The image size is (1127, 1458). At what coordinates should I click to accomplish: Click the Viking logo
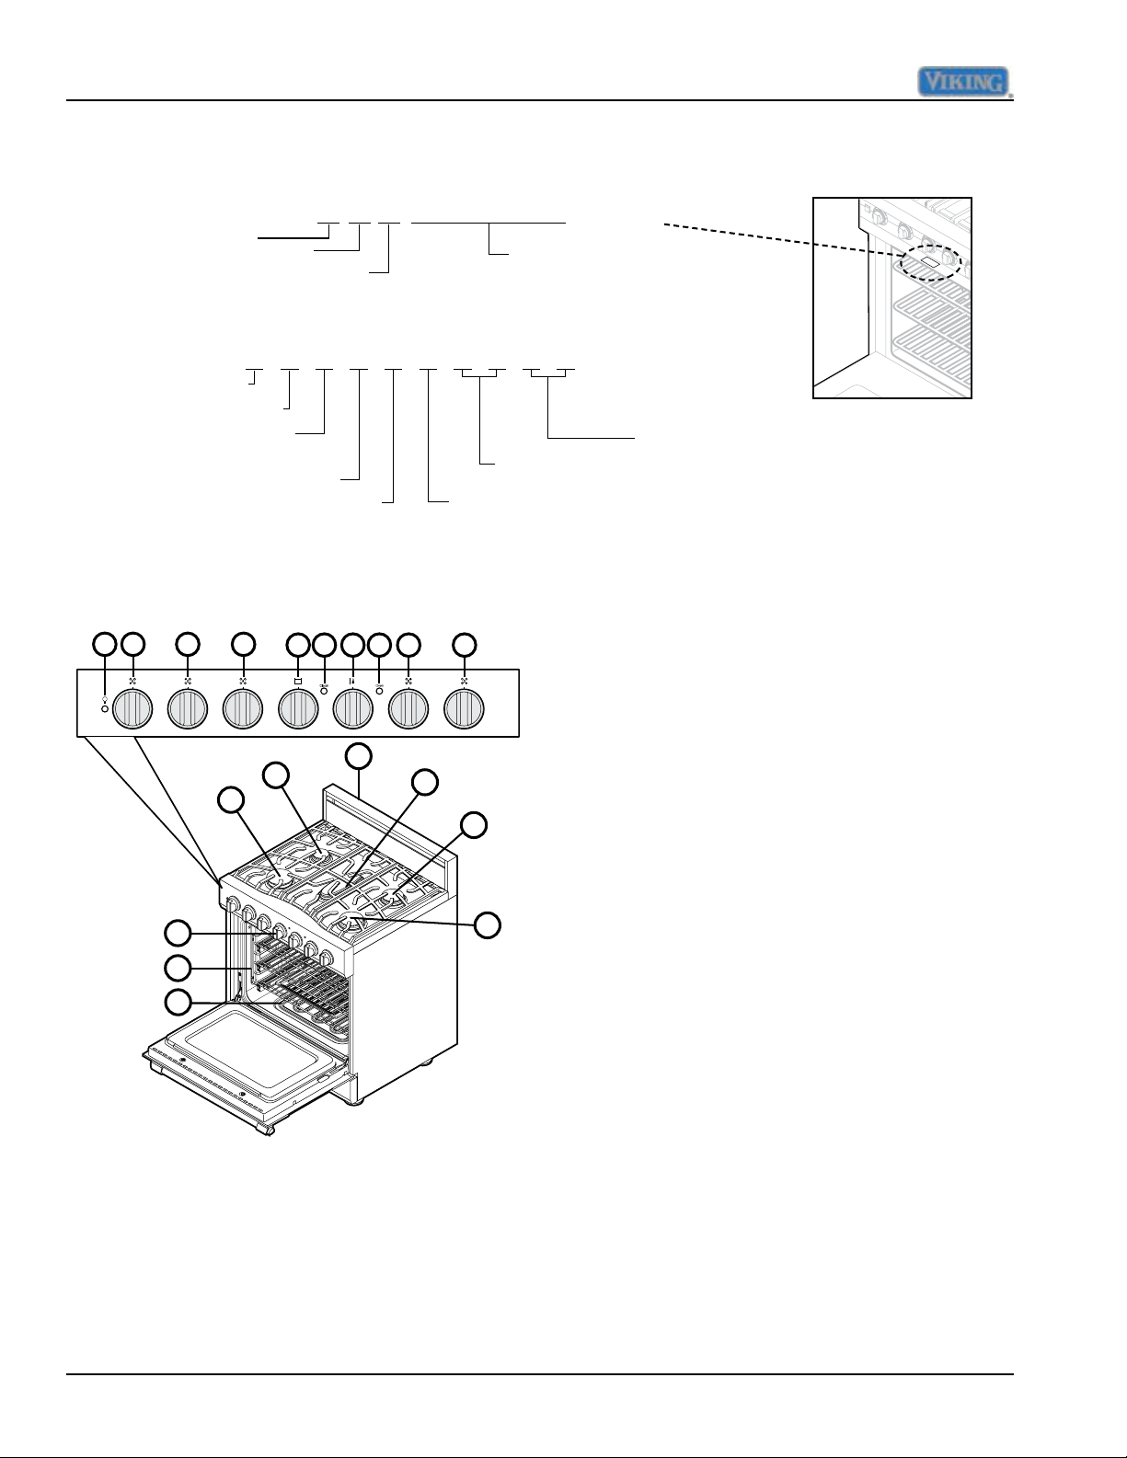[965, 83]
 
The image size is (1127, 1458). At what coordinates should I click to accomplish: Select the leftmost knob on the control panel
[132, 709]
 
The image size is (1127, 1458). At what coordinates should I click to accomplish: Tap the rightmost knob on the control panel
[465, 709]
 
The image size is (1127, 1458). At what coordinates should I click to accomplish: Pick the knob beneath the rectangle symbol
[298, 709]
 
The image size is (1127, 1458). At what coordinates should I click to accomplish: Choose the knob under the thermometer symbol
[353, 709]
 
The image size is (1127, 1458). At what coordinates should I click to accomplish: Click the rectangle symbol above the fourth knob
[298, 681]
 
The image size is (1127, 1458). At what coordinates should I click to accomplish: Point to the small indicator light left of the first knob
[105, 709]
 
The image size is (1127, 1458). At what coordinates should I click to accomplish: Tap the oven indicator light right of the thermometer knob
[379, 691]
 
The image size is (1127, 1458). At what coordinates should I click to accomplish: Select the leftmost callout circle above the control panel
[104, 644]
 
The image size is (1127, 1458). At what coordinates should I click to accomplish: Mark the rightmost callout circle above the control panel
[465, 644]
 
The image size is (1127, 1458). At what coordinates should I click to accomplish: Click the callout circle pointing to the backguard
[359, 756]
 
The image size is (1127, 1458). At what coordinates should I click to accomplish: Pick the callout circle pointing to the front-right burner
[488, 926]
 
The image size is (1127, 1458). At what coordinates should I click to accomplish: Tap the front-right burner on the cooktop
[352, 924]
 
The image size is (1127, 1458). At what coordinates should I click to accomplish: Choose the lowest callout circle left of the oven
[178, 1003]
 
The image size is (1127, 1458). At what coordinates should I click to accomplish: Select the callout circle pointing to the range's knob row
[178, 934]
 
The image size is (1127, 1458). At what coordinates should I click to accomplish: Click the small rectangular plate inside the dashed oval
[927, 260]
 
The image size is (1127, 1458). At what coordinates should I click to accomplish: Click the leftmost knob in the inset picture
[878, 217]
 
